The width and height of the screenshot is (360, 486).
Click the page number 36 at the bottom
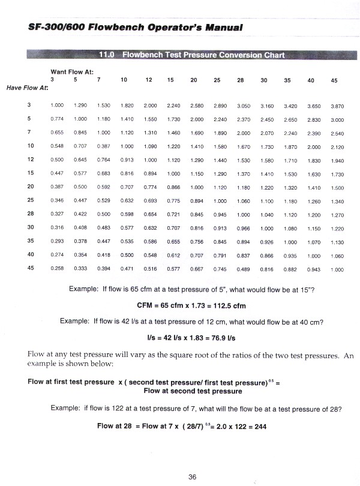pos(192,477)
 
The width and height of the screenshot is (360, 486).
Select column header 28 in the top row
pos(240,80)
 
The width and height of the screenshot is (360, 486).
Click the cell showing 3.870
pos(337,106)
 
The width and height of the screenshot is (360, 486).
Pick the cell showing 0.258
pos(58,269)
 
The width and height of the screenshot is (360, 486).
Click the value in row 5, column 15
pos(174,119)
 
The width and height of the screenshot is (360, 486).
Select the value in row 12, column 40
pos(313,161)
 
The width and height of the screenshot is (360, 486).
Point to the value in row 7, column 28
pos(243,133)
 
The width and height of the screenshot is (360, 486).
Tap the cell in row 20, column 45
pos(337,188)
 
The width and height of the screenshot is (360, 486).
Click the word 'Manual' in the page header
pos(221,28)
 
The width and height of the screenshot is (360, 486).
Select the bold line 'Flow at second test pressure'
pos(193,391)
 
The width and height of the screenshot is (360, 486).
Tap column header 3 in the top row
pos(52,80)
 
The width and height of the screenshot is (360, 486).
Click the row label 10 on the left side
pos(30,146)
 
